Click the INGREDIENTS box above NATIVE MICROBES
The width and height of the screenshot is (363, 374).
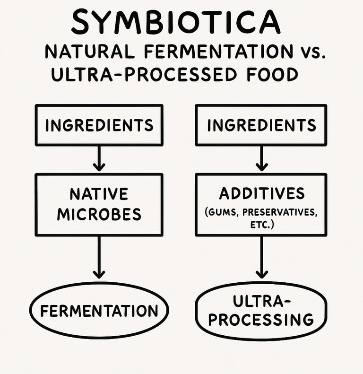99,125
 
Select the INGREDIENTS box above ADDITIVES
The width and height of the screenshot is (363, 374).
261,125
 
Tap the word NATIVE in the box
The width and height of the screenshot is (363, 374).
99,194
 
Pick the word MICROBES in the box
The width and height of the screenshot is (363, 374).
99,214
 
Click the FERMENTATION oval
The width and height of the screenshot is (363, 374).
99,311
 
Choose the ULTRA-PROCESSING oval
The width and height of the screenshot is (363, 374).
261,310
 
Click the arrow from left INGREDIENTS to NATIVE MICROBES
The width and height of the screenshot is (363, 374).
99,159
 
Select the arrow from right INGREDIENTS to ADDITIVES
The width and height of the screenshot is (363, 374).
261,159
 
